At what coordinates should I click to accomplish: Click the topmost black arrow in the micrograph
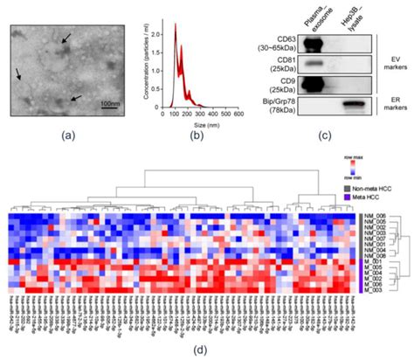(x=66, y=37)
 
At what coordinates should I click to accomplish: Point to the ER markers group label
(x=391, y=107)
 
